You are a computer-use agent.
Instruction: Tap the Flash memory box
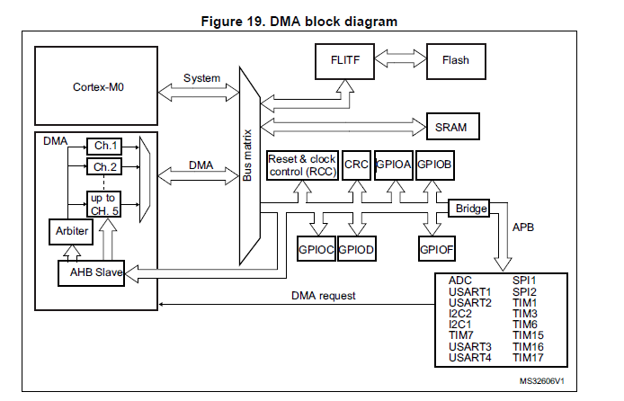(x=455, y=61)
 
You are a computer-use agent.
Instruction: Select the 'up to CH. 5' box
(x=103, y=203)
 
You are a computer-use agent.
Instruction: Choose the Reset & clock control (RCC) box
(x=301, y=165)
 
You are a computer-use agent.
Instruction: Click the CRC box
(x=356, y=165)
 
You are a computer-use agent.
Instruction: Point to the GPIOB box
(x=433, y=165)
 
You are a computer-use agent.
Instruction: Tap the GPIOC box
(x=315, y=247)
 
